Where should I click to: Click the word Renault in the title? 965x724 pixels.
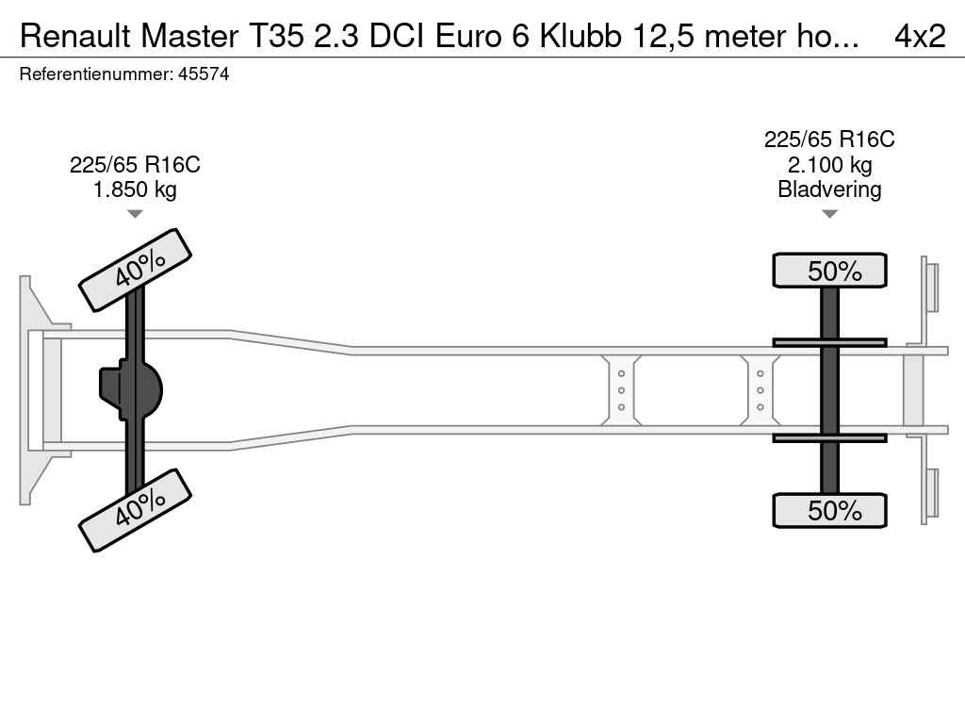click(x=75, y=37)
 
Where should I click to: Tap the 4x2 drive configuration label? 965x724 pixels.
click(x=920, y=37)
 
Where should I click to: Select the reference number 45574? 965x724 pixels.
click(x=204, y=74)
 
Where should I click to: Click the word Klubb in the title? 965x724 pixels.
click(x=581, y=37)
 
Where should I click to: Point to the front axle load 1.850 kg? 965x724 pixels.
click(x=135, y=189)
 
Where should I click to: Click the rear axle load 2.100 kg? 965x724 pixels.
click(x=829, y=165)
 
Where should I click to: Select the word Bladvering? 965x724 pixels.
click(x=829, y=189)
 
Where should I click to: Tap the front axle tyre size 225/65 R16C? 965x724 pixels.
click(x=135, y=165)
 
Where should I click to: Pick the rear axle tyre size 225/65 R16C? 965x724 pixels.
click(x=829, y=140)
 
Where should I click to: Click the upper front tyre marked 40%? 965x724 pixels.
click(x=136, y=271)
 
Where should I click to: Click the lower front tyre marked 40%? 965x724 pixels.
click(x=136, y=510)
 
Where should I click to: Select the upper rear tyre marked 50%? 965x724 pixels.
click(x=829, y=271)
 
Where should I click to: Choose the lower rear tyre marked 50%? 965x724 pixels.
click(x=829, y=510)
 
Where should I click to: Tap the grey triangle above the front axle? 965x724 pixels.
click(x=135, y=214)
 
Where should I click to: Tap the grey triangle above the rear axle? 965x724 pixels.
click(x=829, y=214)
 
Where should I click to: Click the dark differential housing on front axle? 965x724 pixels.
click(x=131, y=390)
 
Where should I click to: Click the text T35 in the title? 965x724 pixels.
click(x=276, y=37)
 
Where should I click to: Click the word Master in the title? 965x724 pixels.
click(x=189, y=37)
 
